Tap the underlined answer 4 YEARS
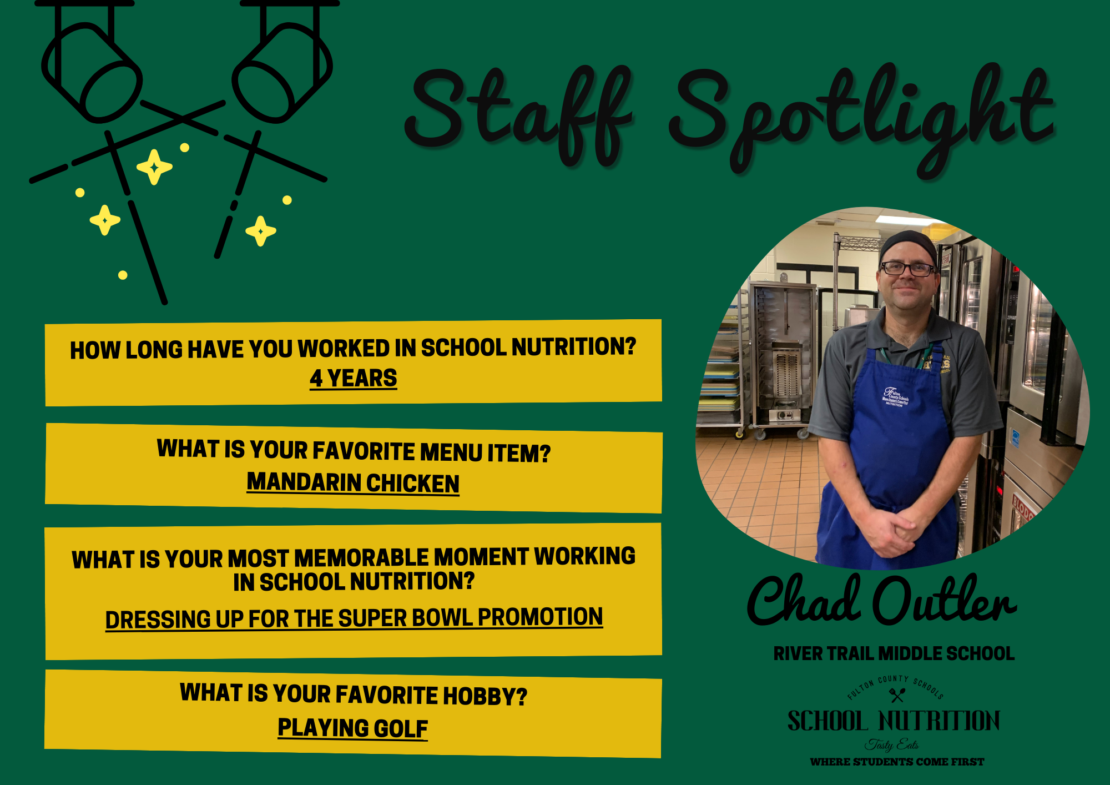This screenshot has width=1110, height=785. pyautogui.click(x=354, y=378)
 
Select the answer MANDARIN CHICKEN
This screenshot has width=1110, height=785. pyautogui.click(x=353, y=483)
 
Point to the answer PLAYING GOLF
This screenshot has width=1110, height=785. pyautogui.click(x=353, y=728)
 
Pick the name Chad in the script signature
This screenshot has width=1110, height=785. pyautogui.click(x=804, y=600)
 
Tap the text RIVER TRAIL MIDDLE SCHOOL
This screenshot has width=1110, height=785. pyautogui.click(x=894, y=653)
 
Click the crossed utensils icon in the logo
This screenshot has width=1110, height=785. pyautogui.click(x=897, y=695)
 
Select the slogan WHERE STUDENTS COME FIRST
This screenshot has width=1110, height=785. pyautogui.click(x=897, y=762)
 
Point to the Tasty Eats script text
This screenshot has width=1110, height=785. pyautogui.click(x=892, y=744)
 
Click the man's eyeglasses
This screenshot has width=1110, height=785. pyautogui.click(x=908, y=269)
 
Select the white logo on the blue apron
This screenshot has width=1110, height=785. pyautogui.click(x=896, y=396)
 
